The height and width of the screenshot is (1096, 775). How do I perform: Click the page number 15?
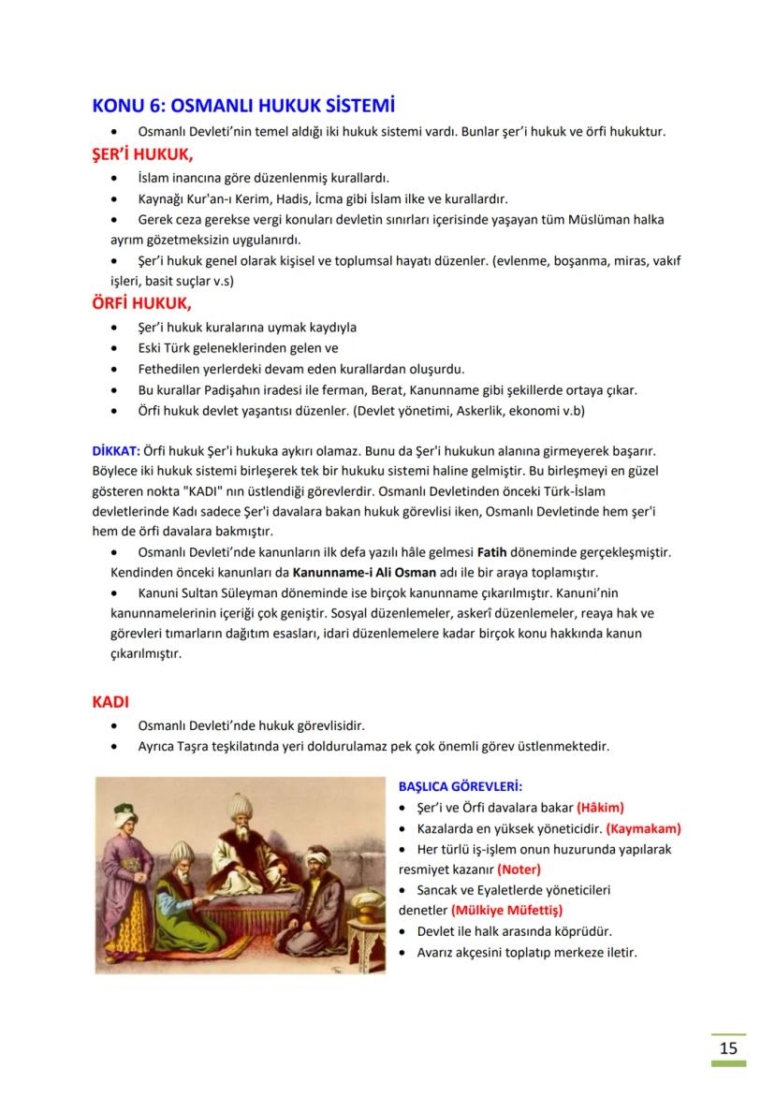(728, 1047)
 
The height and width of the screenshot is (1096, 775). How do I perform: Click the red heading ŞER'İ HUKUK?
(141, 154)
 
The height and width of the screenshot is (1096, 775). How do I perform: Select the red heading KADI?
(110, 701)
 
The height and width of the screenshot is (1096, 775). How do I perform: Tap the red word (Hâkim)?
(600, 807)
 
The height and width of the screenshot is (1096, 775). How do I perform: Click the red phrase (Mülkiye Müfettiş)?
(506, 910)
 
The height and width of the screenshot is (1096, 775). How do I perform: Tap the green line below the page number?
(728, 1063)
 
